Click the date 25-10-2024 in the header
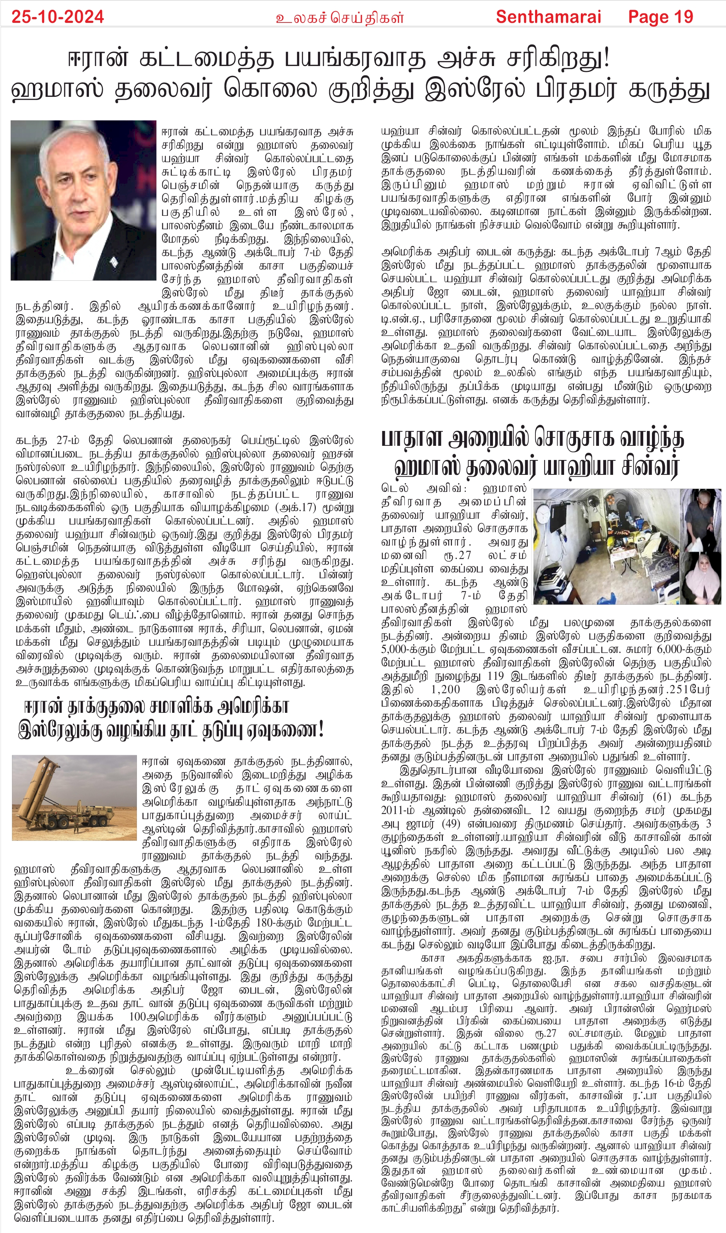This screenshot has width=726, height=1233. (58, 17)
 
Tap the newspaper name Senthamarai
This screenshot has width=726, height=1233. (548, 17)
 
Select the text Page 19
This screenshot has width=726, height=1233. (660, 17)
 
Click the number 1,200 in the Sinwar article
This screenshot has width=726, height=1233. (445, 689)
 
